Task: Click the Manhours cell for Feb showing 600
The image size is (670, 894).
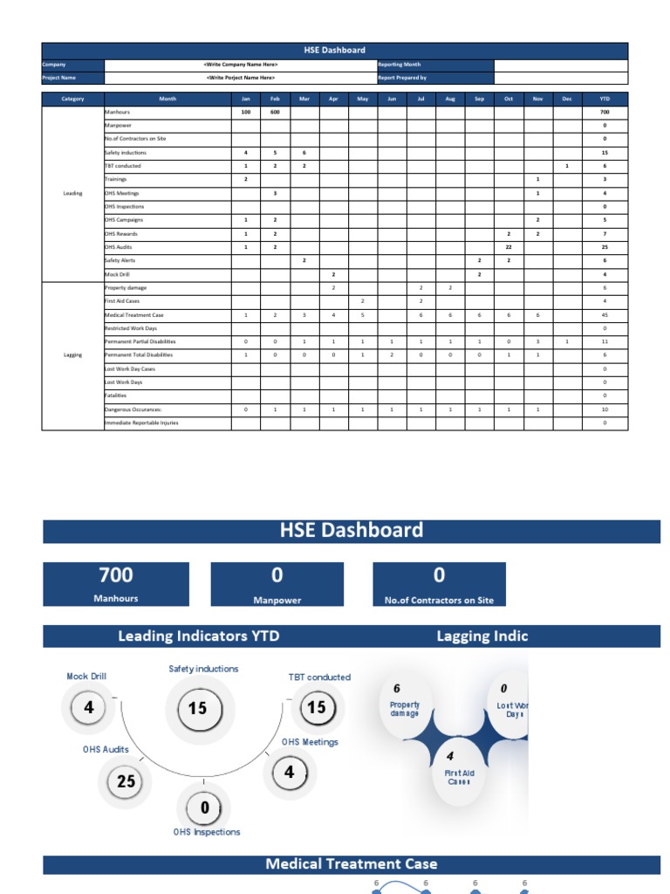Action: coord(275,112)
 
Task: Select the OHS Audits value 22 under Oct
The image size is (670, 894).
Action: coord(509,247)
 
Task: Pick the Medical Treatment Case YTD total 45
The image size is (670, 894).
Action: coord(605,315)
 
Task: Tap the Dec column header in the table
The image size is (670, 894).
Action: coord(567,99)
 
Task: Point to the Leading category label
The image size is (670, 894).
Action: coord(73,193)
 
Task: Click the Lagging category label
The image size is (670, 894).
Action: coord(73,355)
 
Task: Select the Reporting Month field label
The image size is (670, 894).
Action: coord(399,65)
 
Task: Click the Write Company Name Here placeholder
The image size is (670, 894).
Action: coord(240,65)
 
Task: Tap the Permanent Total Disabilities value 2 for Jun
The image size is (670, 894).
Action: coord(392,355)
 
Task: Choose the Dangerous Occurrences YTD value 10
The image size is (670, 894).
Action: coord(605,409)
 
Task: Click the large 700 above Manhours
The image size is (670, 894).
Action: coord(116,574)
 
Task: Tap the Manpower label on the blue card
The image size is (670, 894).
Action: coord(277,600)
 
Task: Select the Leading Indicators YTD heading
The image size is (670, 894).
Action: coord(199,636)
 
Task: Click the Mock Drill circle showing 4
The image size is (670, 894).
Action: coord(89,707)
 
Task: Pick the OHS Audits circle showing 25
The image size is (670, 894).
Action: coord(126,781)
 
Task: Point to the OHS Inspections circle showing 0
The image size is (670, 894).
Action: coord(205,808)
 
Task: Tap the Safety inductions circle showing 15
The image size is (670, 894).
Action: coord(198,708)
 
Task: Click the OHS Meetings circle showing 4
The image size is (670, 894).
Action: coord(289,773)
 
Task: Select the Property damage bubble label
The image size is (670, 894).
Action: coord(405,709)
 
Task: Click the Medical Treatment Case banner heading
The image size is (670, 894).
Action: coord(352,864)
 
